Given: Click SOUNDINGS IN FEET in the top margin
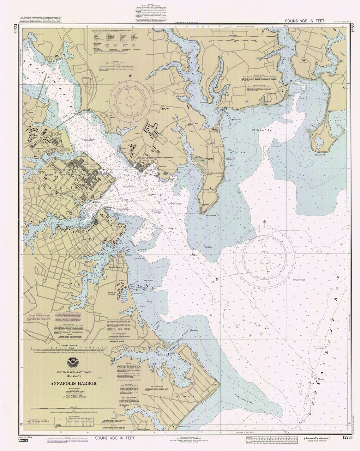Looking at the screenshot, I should [x=300, y=21].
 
